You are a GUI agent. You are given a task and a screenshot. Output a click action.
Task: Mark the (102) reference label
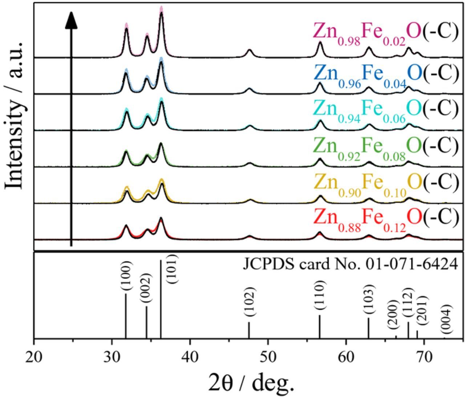(x=250, y=302)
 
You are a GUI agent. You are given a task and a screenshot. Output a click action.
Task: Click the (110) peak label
(x=320, y=295)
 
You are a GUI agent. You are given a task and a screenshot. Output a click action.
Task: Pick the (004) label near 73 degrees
(x=446, y=319)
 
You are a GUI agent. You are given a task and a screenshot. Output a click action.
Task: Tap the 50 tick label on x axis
(x=268, y=357)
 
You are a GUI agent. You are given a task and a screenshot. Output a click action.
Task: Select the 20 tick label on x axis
(x=34, y=357)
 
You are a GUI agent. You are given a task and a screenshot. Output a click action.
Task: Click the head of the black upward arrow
(x=71, y=20)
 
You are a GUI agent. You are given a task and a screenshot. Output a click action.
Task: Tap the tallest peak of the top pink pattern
(x=161, y=9)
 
